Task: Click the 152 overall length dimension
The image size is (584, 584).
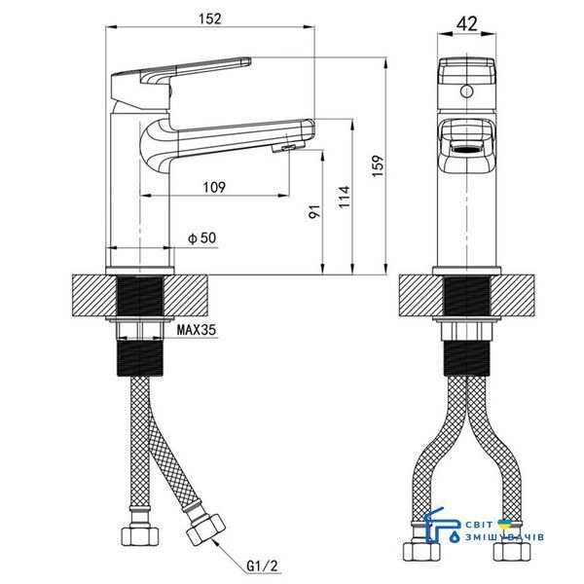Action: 209,18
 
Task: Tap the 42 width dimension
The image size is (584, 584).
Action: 466,24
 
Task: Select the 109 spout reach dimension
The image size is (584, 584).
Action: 214,187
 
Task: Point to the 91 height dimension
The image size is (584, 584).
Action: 314,211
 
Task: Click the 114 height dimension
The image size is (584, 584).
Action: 345,197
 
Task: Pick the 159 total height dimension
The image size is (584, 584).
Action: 378,166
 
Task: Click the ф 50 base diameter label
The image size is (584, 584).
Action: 202,237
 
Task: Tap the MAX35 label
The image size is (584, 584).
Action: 197,330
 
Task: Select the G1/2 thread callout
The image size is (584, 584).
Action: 262,566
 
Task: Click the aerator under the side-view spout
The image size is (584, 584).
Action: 288,148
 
